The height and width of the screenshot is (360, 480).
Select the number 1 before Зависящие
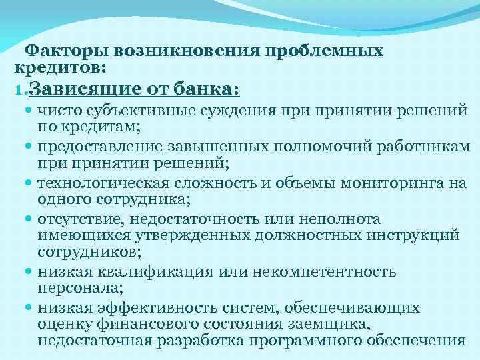pos(19,89)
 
